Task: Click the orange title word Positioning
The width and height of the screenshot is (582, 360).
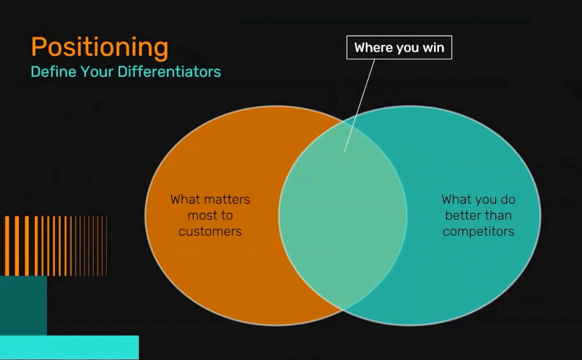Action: pyautogui.click(x=100, y=48)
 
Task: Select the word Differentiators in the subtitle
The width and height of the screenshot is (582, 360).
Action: pyautogui.click(x=169, y=71)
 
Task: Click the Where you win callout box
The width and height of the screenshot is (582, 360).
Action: pyautogui.click(x=399, y=48)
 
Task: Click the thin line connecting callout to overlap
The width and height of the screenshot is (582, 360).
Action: pyautogui.click(x=359, y=106)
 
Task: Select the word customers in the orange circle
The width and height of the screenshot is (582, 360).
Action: pyautogui.click(x=210, y=231)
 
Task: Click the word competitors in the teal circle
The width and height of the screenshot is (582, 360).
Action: pyautogui.click(x=478, y=231)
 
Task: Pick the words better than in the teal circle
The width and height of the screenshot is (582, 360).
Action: pyautogui.click(x=478, y=215)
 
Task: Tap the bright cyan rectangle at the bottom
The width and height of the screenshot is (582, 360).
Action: pyautogui.click(x=69, y=348)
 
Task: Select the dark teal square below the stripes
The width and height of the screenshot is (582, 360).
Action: pyautogui.click(x=23, y=305)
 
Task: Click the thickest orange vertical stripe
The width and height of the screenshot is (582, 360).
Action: pyautogui.click(x=7, y=246)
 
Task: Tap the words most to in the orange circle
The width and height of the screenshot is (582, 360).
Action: pyautogui.click(x=210, y=215)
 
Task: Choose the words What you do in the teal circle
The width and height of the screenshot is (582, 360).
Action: pyautogui.click(x=478, y=200)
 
